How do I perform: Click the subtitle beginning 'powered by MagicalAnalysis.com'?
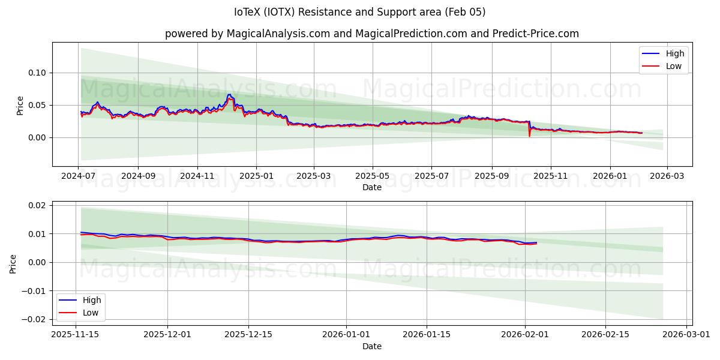click(372, 34)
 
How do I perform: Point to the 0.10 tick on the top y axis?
click(38, 73)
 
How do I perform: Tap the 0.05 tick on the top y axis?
click(38, 105)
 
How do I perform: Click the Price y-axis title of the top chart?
click(20, 104)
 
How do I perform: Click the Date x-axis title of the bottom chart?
click(372, 346)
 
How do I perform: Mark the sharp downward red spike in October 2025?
click(529, 135)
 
